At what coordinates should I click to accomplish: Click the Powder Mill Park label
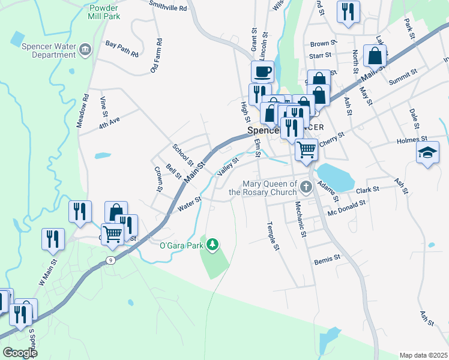(x=103, y=12)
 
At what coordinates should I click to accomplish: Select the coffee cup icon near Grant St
(x=262, y=72)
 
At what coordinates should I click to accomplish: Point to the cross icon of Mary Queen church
(x=306, y=187)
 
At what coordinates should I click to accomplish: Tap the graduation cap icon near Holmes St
(x=428, y=152)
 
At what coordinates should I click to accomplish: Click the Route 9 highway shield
(x=110, y=260)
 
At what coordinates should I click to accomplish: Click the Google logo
(x=20, y=353)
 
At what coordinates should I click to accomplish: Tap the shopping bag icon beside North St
(x=375, y=56)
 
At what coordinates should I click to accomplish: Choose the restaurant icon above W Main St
(x=53, y=238)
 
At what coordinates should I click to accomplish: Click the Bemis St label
(x=327, y=259)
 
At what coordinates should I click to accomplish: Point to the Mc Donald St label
(x=346, y=207)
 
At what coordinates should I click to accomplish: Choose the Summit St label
(x=403, y=76)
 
